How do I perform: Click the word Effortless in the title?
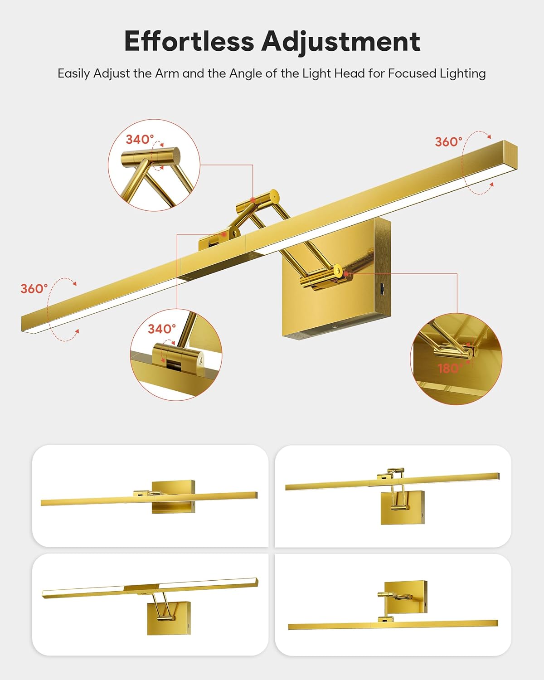point(189,41)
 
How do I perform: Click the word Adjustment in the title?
point(341,42)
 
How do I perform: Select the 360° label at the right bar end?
point(448,142)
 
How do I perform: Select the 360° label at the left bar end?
point(34,289)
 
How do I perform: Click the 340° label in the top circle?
point(140,139)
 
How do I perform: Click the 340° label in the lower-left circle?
point(161,329)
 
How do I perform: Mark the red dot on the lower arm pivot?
point(347,274)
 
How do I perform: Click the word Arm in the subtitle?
point(166,73)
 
